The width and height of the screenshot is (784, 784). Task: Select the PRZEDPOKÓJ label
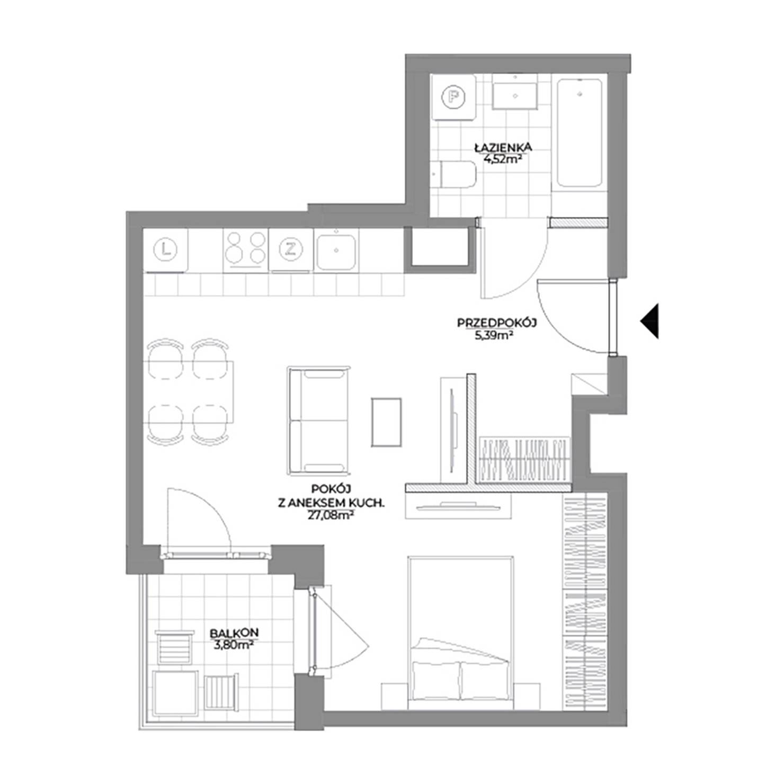(497, 323)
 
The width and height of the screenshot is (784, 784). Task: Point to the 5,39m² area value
(497, 334)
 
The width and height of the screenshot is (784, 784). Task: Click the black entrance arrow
(649, 321)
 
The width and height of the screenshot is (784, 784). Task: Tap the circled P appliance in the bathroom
(453, 97)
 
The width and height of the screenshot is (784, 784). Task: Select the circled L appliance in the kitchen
(166, 249)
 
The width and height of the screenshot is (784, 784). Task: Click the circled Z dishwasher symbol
(290, 249)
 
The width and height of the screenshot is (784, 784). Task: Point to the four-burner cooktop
(245, 248)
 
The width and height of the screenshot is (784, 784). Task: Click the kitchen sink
(336, 251)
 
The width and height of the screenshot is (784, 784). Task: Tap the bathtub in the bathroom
(580, 132)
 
